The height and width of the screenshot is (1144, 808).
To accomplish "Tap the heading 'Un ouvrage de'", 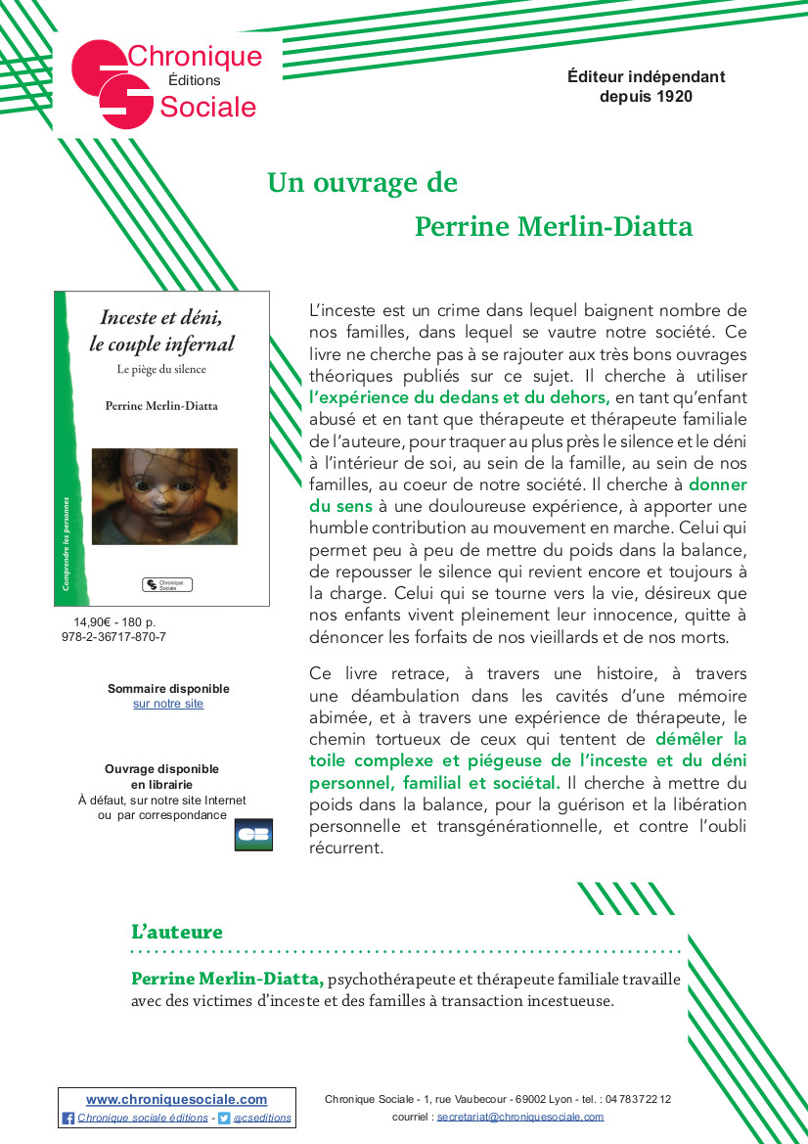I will [362, 183].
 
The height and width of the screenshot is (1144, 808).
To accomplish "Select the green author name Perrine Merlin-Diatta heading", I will [554, 227].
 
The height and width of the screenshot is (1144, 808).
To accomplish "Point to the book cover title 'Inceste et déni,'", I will [161, 317].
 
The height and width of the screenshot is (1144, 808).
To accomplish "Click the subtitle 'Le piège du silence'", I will [161, 369].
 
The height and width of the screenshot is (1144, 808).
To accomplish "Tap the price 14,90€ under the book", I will [94, 621].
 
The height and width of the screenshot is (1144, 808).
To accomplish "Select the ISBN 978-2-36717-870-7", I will [113, 636].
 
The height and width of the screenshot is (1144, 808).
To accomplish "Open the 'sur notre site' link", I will [168, 704].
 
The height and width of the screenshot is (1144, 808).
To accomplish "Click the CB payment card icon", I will [253, 835].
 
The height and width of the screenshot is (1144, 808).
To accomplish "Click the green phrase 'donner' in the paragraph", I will [717, 484].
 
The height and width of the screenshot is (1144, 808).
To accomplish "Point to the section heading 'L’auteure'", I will [177, 933].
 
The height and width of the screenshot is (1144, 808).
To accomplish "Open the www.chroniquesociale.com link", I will [176, 1100].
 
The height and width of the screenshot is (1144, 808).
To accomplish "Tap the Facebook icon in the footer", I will [68, 1118].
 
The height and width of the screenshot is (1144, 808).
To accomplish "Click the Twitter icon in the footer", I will [224, 1118].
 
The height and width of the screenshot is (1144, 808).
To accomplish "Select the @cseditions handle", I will [262, 1118].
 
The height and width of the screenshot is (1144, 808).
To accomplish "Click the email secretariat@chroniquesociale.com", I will [520, 1117].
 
